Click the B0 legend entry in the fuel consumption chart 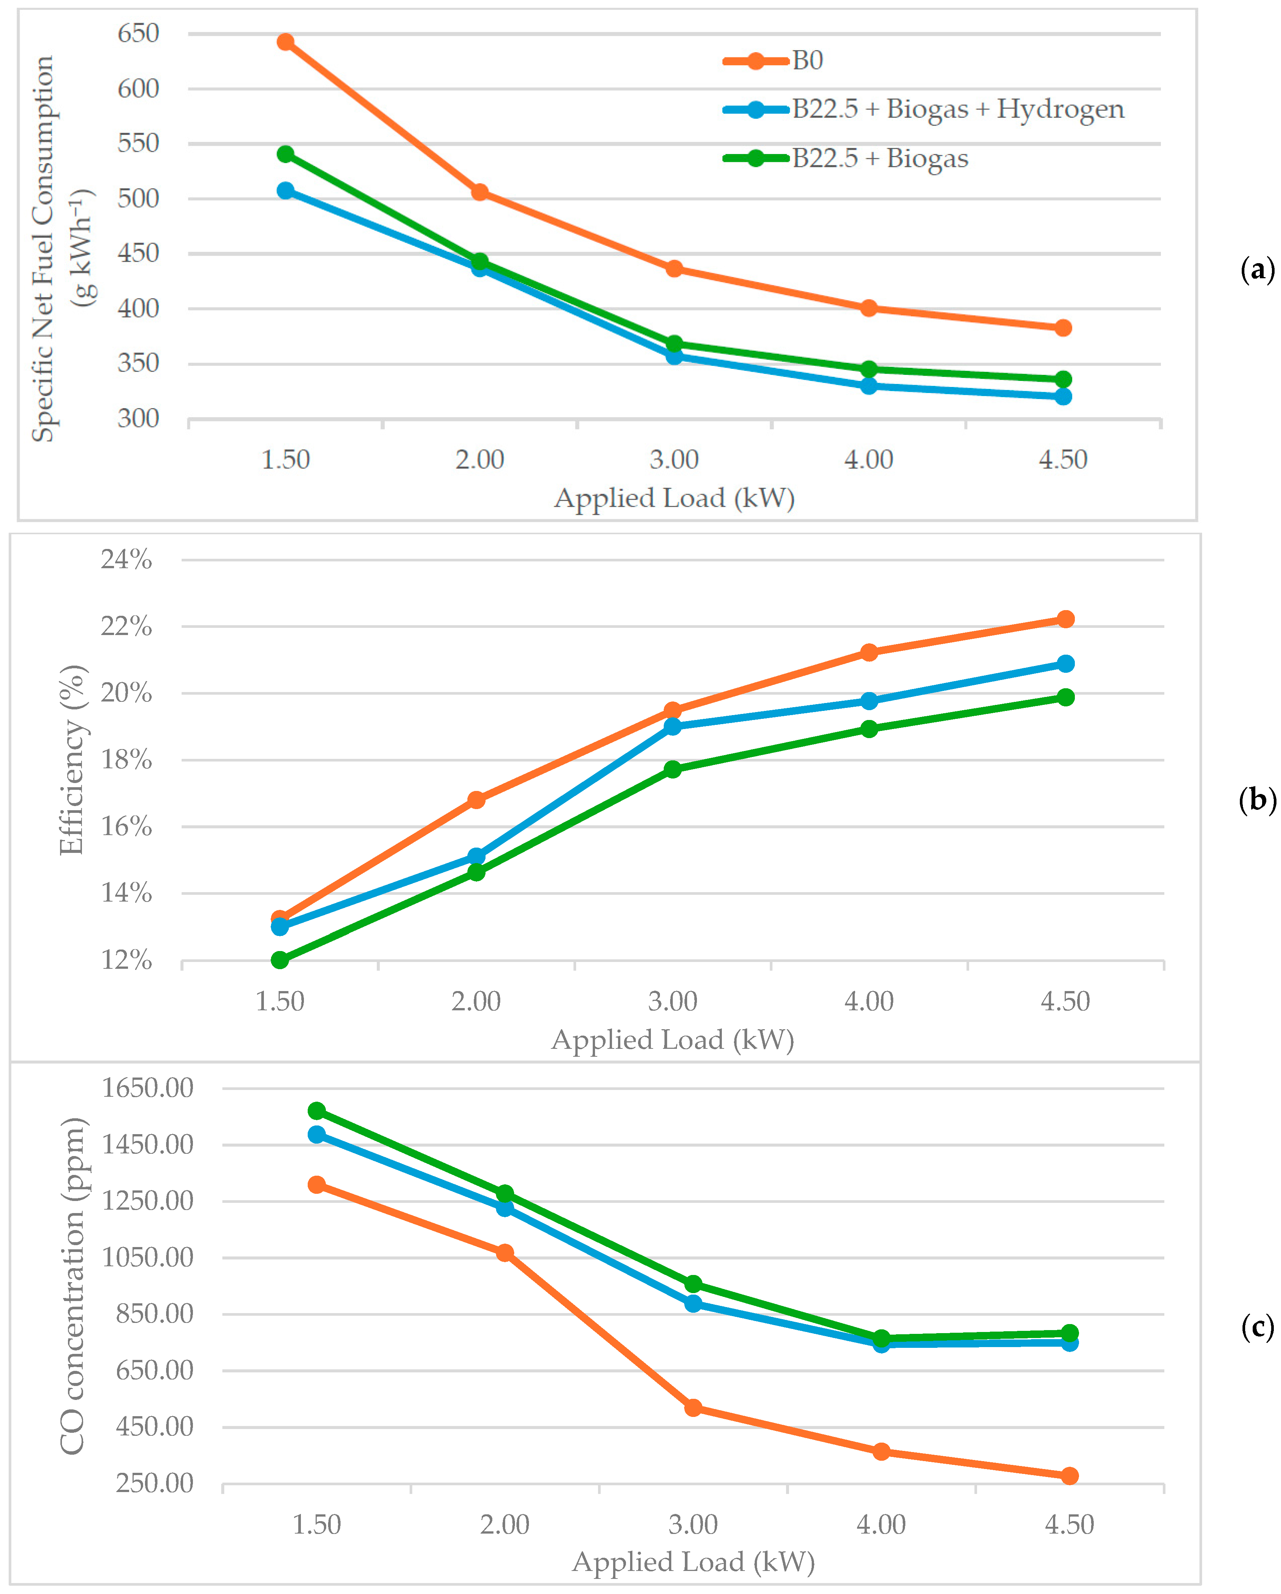pos(772,60)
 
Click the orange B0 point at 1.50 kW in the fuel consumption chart pos(285,42)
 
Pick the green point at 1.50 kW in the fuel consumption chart pos(285,154)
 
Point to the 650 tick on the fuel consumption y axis pos(138,33)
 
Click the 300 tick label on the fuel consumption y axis pos(138,418)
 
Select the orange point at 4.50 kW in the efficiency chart pos(1065,619)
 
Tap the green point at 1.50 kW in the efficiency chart pos(279,960)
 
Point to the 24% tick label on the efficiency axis pos(126,560)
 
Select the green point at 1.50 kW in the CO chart pos(316,1110)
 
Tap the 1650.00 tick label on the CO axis pos(147,1088)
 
